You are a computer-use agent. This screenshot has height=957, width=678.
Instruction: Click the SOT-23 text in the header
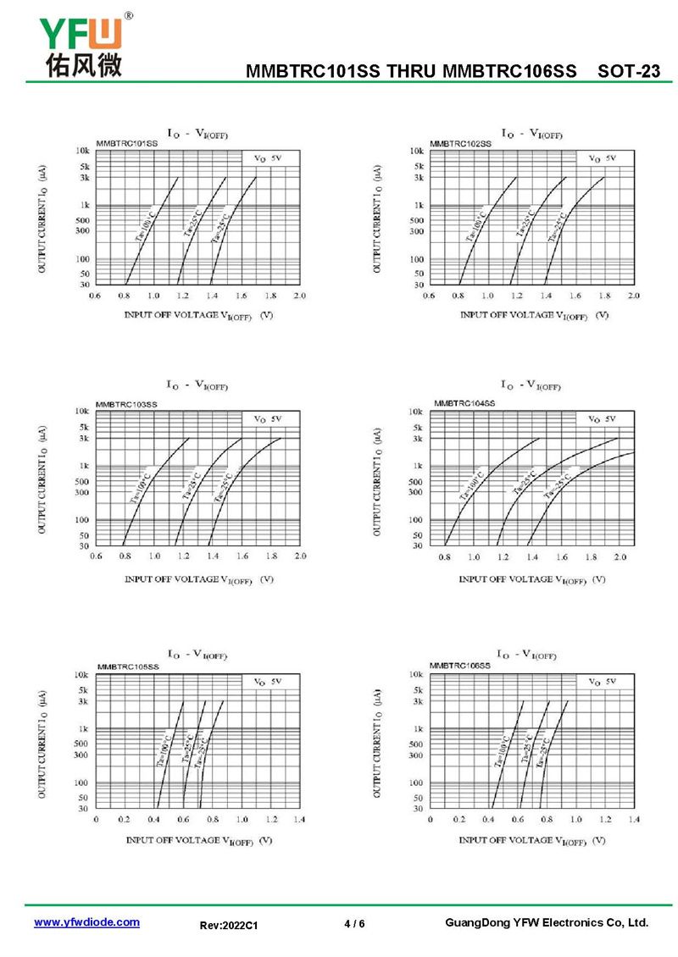click(628, 72)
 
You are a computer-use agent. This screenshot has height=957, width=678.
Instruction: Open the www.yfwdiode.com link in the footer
click(86, 922)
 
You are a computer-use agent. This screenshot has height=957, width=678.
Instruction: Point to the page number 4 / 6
click(355, 923)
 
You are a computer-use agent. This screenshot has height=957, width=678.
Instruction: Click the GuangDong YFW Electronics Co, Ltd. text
click(547, 922)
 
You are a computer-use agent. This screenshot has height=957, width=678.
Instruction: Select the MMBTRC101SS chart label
click(126, 144)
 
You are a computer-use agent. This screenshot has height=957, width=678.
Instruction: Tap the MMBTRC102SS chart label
click(460, 144)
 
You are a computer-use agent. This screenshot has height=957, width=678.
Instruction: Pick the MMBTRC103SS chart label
click(126, 405)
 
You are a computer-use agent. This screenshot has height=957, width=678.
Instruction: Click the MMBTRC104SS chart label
click(464, 404)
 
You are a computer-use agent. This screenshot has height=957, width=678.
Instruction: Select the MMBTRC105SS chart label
click(128, 667)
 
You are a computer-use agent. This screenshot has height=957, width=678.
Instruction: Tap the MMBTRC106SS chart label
click(460, 667)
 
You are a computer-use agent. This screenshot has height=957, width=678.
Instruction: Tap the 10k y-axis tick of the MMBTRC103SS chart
click(83, 412)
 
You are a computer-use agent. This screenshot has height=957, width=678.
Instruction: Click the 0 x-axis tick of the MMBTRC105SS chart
click(96, 820)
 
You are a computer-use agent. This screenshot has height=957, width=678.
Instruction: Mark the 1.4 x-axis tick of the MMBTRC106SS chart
click(634, 820)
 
